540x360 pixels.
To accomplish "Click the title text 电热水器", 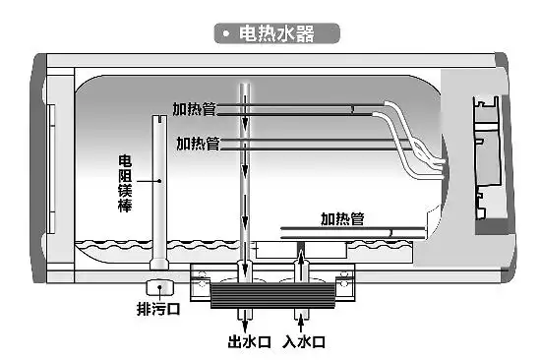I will point(280,33).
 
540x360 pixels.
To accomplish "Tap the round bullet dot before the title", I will point(226,33).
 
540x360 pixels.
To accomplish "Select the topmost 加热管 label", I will point(193,110).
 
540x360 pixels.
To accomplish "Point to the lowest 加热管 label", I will point(343,218).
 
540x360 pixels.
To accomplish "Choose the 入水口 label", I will point(303,343).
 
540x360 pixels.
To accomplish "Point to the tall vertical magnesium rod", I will point(157,187).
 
